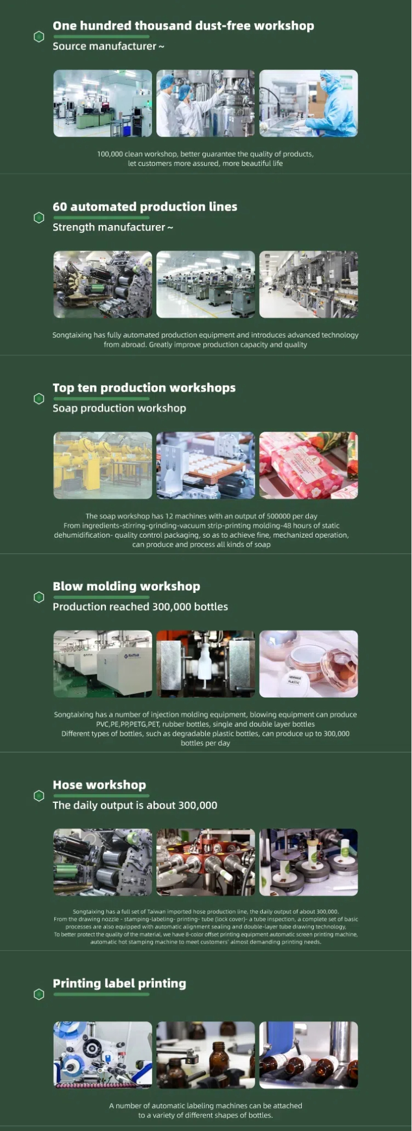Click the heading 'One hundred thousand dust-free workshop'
183,25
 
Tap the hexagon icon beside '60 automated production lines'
39,218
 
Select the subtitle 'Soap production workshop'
119,408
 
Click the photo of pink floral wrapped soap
309,465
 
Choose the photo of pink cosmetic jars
309,664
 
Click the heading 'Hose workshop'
99,785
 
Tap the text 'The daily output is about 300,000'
135,805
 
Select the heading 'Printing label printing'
119,983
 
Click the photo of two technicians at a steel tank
206,103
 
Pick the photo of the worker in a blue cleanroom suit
309,103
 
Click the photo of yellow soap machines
103,465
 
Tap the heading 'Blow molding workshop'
126,586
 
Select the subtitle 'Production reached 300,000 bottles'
141,606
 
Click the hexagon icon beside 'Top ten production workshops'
39,399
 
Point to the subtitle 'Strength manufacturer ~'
113,227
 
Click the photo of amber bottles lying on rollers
309,1055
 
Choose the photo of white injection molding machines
103,664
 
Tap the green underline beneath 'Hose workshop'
101,796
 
